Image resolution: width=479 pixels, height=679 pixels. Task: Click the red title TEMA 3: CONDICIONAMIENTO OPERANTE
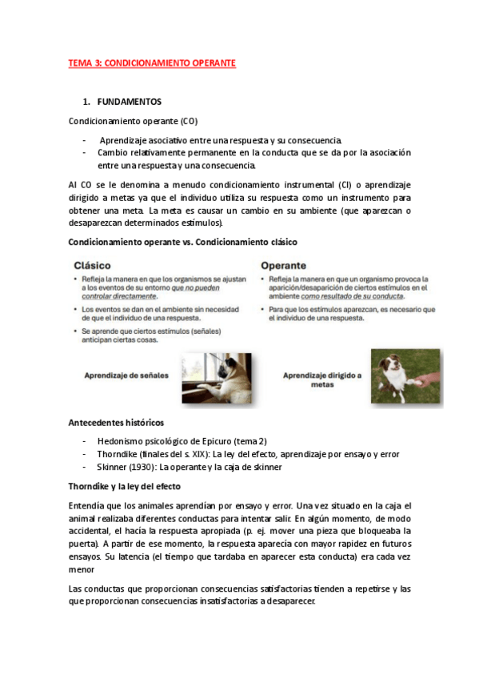(x=152, y=62)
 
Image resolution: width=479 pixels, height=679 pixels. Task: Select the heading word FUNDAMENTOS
(x=129, y=102)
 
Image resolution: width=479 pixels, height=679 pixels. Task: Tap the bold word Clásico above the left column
(x=92, y=264)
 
